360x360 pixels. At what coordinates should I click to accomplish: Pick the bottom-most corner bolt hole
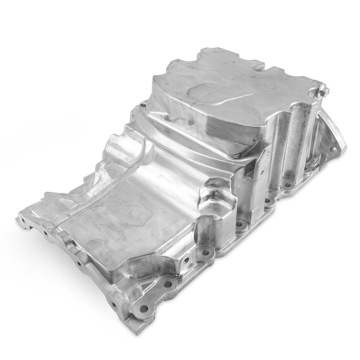click(144, 309)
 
